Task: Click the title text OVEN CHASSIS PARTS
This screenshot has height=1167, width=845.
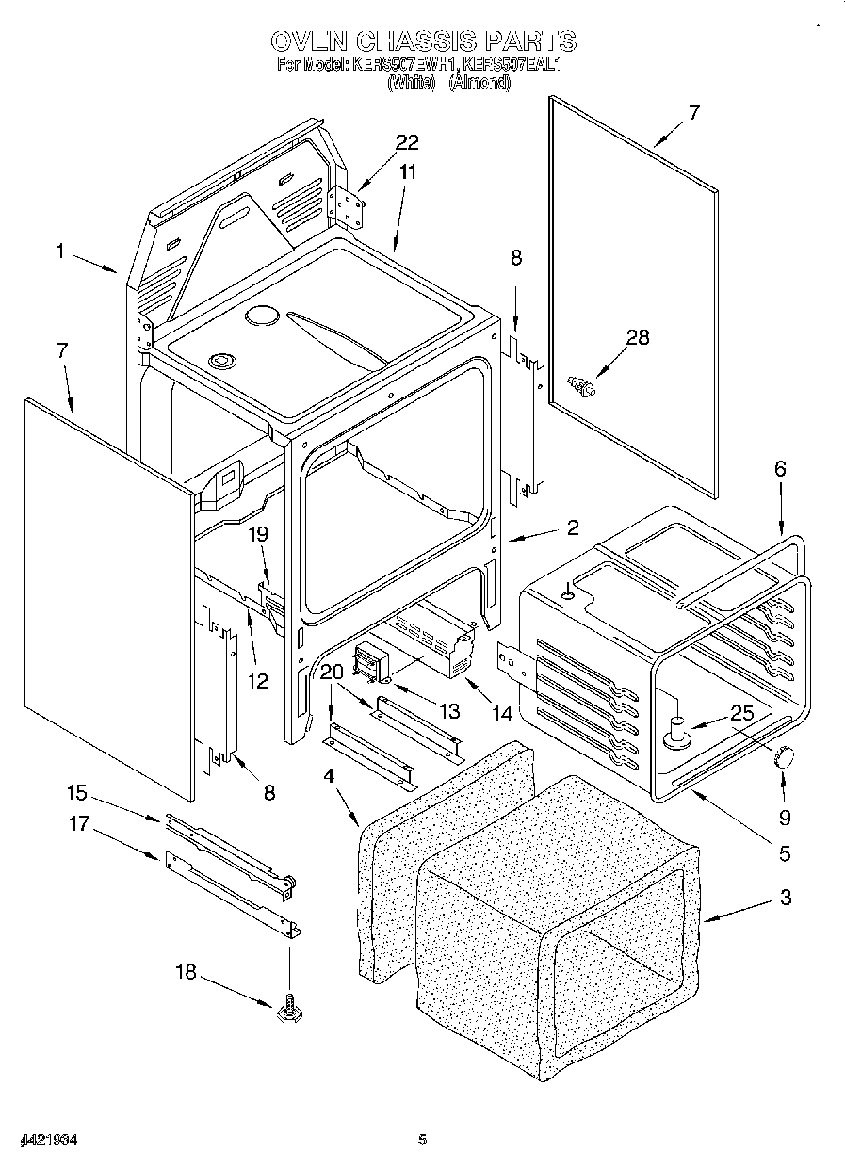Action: coord(423,41)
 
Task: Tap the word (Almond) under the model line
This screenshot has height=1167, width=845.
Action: coord(479,83)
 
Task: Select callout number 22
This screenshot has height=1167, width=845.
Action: coord(407,142)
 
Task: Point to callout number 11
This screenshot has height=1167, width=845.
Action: coord(407,171)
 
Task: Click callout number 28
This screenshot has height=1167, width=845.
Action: coord(638,337)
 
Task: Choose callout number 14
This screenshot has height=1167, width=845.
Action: coord(502,715)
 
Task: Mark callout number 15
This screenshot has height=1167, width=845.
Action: coord(77,794)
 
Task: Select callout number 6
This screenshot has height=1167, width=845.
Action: coord(779,468)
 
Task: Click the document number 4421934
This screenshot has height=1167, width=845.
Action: coord(40,1140)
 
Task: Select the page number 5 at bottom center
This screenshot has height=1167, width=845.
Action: coord(423,1140)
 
